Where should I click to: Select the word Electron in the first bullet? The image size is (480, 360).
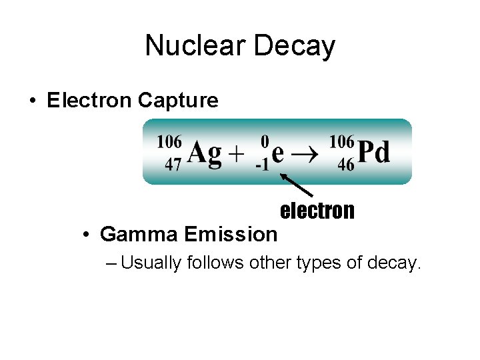(x=90, y=100)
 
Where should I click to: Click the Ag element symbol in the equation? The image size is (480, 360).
(x=204, y=153)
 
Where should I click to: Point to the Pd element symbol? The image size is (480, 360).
(x=374, y=153)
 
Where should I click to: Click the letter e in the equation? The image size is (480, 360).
(x=279, y=153)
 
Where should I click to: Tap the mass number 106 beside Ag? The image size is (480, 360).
(x=169, y=141)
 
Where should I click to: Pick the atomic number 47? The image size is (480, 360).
(x=173, y=165)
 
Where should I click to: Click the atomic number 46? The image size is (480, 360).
(x=345, y=165)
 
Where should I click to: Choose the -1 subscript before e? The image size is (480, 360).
(x=262, y=165)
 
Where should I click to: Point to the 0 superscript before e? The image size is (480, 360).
(x=265, y=141)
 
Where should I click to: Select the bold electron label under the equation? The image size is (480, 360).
(x=317, y=211)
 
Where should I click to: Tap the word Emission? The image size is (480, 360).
(x=231, y=234)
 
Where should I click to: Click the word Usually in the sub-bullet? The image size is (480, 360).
(x=151, y=263)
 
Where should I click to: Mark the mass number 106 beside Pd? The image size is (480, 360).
(x=342, y=141)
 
